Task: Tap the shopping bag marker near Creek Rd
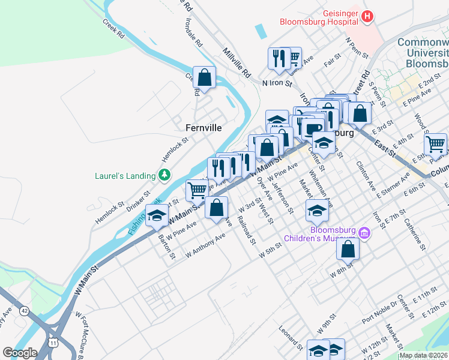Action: pyautogui.click(x=204, y=77)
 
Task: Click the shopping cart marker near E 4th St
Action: pyautogui.click(x=435, y=143)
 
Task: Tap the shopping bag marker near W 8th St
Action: pyautogui.click(x=348, y=248)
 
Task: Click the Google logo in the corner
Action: pyautogui.click(x=20, y=353)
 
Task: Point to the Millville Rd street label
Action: pyautogui.click(x=237, y=62)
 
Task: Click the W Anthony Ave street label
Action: pyautogui.click(x=205, y=246)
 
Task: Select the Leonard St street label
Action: pyautogui.click(x=291, y=338)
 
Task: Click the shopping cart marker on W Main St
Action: pyautogui.click(x=196, y=190)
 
